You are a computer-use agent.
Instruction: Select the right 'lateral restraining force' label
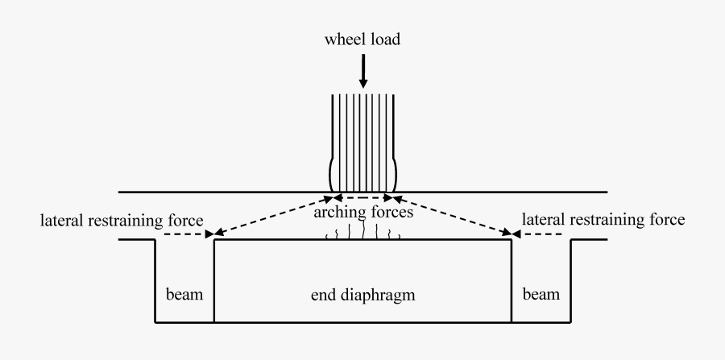click(x=603, y=218)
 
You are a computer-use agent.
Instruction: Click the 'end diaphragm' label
click(x=362, y=295)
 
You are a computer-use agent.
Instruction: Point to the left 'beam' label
click(x=184, y=295)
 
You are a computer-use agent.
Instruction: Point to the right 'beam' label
click(x=541, y=295)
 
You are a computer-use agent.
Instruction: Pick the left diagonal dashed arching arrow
click(x=272, y=216)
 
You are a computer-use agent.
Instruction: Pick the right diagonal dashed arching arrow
click(x=453, y=216)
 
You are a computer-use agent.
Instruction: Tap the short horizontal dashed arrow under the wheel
click(x=362, y=197)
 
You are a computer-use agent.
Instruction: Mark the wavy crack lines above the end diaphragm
click(x=362, y=234)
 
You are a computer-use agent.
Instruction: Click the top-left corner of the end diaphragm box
click(x=214, y=239)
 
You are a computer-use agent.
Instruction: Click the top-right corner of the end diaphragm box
click(x=512, y=239)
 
